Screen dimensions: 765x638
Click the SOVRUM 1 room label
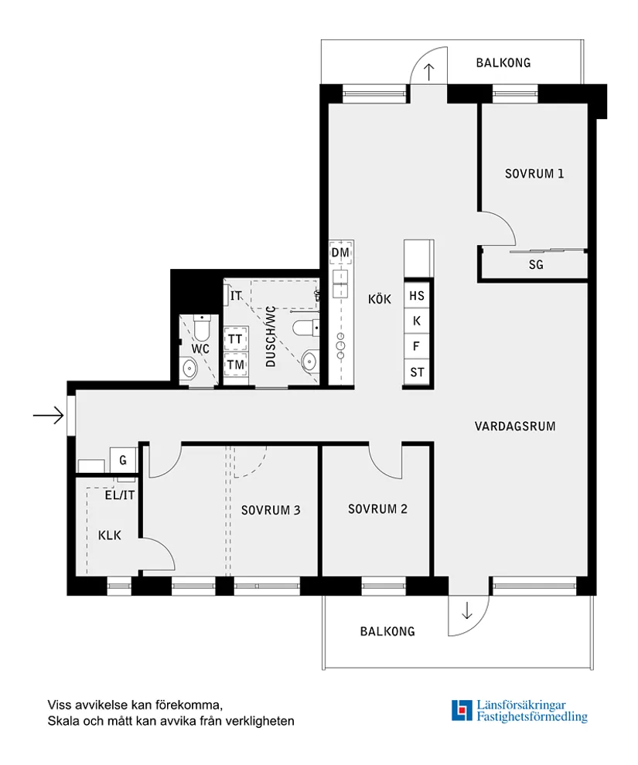pos(534,174)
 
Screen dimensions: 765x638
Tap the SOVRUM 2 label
pos(377,509)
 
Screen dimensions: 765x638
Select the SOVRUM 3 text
pos(271,510)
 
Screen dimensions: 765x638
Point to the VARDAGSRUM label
pos(515,426)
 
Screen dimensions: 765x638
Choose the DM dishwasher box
pos(340,253)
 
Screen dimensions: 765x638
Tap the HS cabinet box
pos(417,295)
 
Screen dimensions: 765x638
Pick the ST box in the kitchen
pos(417,372)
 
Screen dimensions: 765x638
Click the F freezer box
pos(417,346)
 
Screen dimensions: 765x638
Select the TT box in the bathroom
pos(235,339)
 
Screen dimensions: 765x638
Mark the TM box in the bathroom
pos(235,365)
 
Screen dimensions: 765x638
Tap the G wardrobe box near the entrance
pos(122,461)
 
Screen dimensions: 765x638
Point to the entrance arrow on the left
pos(48,416)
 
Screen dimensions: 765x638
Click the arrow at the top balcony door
pos(429,72)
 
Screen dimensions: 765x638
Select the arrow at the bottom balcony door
pos(466,611)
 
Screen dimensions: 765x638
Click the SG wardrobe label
pos(536,265)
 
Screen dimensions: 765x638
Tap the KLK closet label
pos(109,535)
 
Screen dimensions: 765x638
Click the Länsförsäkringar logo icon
pos(462,710)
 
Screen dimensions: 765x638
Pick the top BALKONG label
pos(503,63)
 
